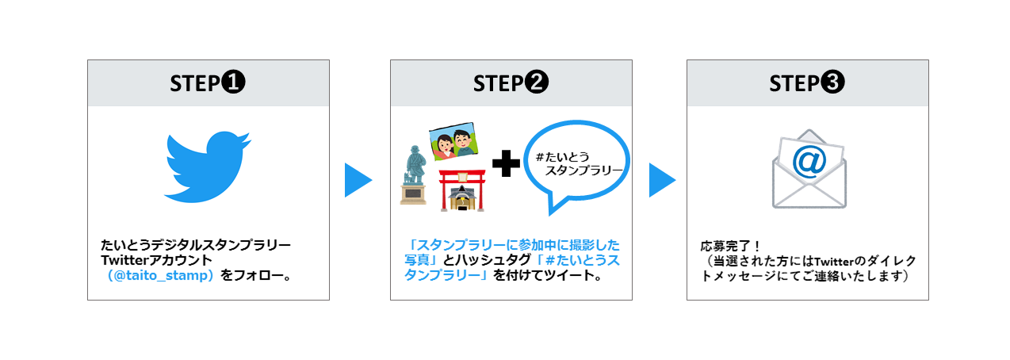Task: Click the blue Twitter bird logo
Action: tap(208, 167)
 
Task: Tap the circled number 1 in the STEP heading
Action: tap(232, 82)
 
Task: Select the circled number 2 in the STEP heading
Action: tap(536, 82)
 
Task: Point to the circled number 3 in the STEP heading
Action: tap(832, 82)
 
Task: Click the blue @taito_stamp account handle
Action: tap(160, 275)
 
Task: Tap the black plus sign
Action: tap(506, 163)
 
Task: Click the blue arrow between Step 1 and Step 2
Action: tap(358, 180)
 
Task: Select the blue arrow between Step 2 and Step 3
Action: tap(662, 180)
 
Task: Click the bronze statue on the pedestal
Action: tap(415, 166)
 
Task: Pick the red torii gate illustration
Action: tap(463, 190)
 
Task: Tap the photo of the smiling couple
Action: tap(453, 142)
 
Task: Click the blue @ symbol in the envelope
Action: tap(809, 162)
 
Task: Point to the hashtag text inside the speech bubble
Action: tap(579, 164)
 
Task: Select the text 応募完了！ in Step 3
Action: tap(729, 247)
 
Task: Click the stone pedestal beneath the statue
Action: tap(413, 194)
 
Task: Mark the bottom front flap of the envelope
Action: tap(809, 197)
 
